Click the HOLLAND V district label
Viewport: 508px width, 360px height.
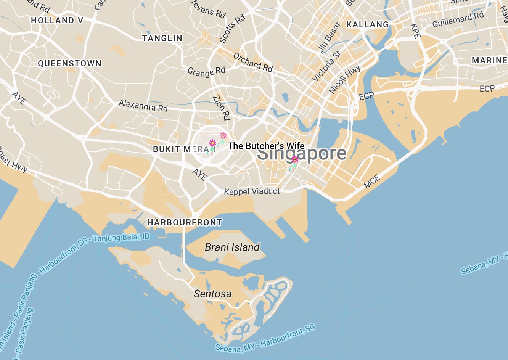[57, 20]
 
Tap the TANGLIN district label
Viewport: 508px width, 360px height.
[162, 38]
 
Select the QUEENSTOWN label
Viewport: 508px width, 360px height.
[70, 63]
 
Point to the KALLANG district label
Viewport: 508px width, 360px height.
[368, 25]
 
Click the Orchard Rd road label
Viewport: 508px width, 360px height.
[253, 62]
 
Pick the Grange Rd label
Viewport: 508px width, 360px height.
[206, 72]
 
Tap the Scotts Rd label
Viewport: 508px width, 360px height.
[232, 29]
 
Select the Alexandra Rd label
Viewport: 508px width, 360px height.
[143, 105]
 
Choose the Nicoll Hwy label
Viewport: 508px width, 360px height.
[345, 79]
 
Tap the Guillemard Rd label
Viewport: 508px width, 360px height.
[458, 19]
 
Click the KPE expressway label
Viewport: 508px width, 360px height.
[416, 31]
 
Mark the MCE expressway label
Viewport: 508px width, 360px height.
[372, 181]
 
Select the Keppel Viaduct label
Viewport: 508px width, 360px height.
[252, 191]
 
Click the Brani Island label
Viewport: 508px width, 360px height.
[232, 247]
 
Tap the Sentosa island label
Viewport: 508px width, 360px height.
[212, 294]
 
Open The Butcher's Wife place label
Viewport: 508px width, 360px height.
[266, 146]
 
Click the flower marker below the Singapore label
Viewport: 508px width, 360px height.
[294, 162]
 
